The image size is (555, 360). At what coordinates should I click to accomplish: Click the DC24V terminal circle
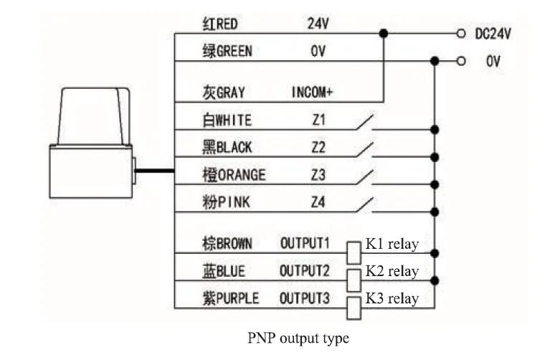coord(460,34)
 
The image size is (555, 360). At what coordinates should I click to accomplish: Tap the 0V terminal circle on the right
coord(460,61)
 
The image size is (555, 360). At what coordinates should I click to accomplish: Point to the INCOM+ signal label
coord(312,93)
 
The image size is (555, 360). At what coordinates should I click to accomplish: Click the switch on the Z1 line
coord(364,122)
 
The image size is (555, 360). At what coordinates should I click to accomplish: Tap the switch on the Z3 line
coord(364,177)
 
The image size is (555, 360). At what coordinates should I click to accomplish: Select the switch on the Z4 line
coord(364,204)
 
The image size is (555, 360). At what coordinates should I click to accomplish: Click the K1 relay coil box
coord(354,252)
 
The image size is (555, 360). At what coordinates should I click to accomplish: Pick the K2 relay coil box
coord(354,280)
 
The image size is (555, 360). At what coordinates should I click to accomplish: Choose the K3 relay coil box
coord(354,308)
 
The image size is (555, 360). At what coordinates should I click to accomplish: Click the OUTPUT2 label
coord(305,271)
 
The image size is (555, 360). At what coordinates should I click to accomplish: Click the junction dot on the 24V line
coord(384,34)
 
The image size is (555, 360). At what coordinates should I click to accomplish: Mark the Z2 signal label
coord(318,147)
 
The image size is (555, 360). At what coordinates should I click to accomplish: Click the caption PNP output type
coord(298,338)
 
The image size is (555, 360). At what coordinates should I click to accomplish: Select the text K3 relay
coord(392,298)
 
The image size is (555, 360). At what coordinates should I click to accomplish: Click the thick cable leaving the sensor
coord(154,171)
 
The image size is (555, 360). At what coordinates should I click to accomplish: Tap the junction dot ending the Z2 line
coord(435,157)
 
